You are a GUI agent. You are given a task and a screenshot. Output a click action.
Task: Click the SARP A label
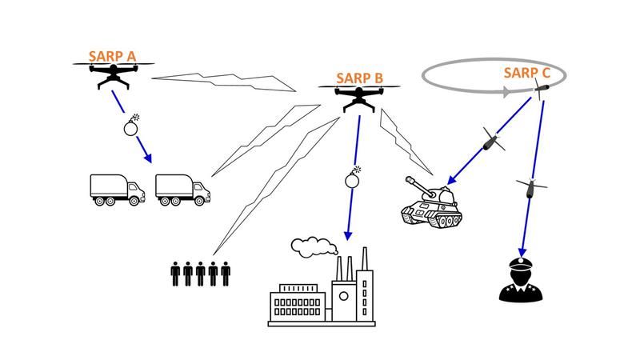(113, 56)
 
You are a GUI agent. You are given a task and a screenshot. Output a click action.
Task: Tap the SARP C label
(526, 73)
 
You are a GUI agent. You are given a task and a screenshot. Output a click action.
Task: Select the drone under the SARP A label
(113, 76)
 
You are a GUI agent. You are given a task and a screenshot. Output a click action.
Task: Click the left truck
(117, 189)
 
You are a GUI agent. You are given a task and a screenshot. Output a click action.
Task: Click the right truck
(182, 189)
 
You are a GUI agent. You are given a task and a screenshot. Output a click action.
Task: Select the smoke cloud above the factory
(308, 242)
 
